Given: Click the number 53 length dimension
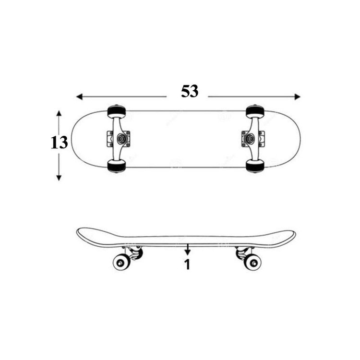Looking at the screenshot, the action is pos(190,91).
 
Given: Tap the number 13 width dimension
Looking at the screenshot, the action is pos(59,143).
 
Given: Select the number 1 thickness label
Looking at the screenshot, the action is pos(188,264).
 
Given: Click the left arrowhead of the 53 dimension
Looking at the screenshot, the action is pos(79,96).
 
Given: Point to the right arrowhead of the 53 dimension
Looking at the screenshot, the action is pos(297,96).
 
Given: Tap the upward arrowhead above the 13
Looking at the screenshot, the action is pos(59,114).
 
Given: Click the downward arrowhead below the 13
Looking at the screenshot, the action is pos(59,178).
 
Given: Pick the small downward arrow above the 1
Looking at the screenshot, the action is pos(188,249).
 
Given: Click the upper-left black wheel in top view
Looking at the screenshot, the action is pos(117,111).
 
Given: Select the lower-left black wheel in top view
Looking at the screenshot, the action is pos(117,166).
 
